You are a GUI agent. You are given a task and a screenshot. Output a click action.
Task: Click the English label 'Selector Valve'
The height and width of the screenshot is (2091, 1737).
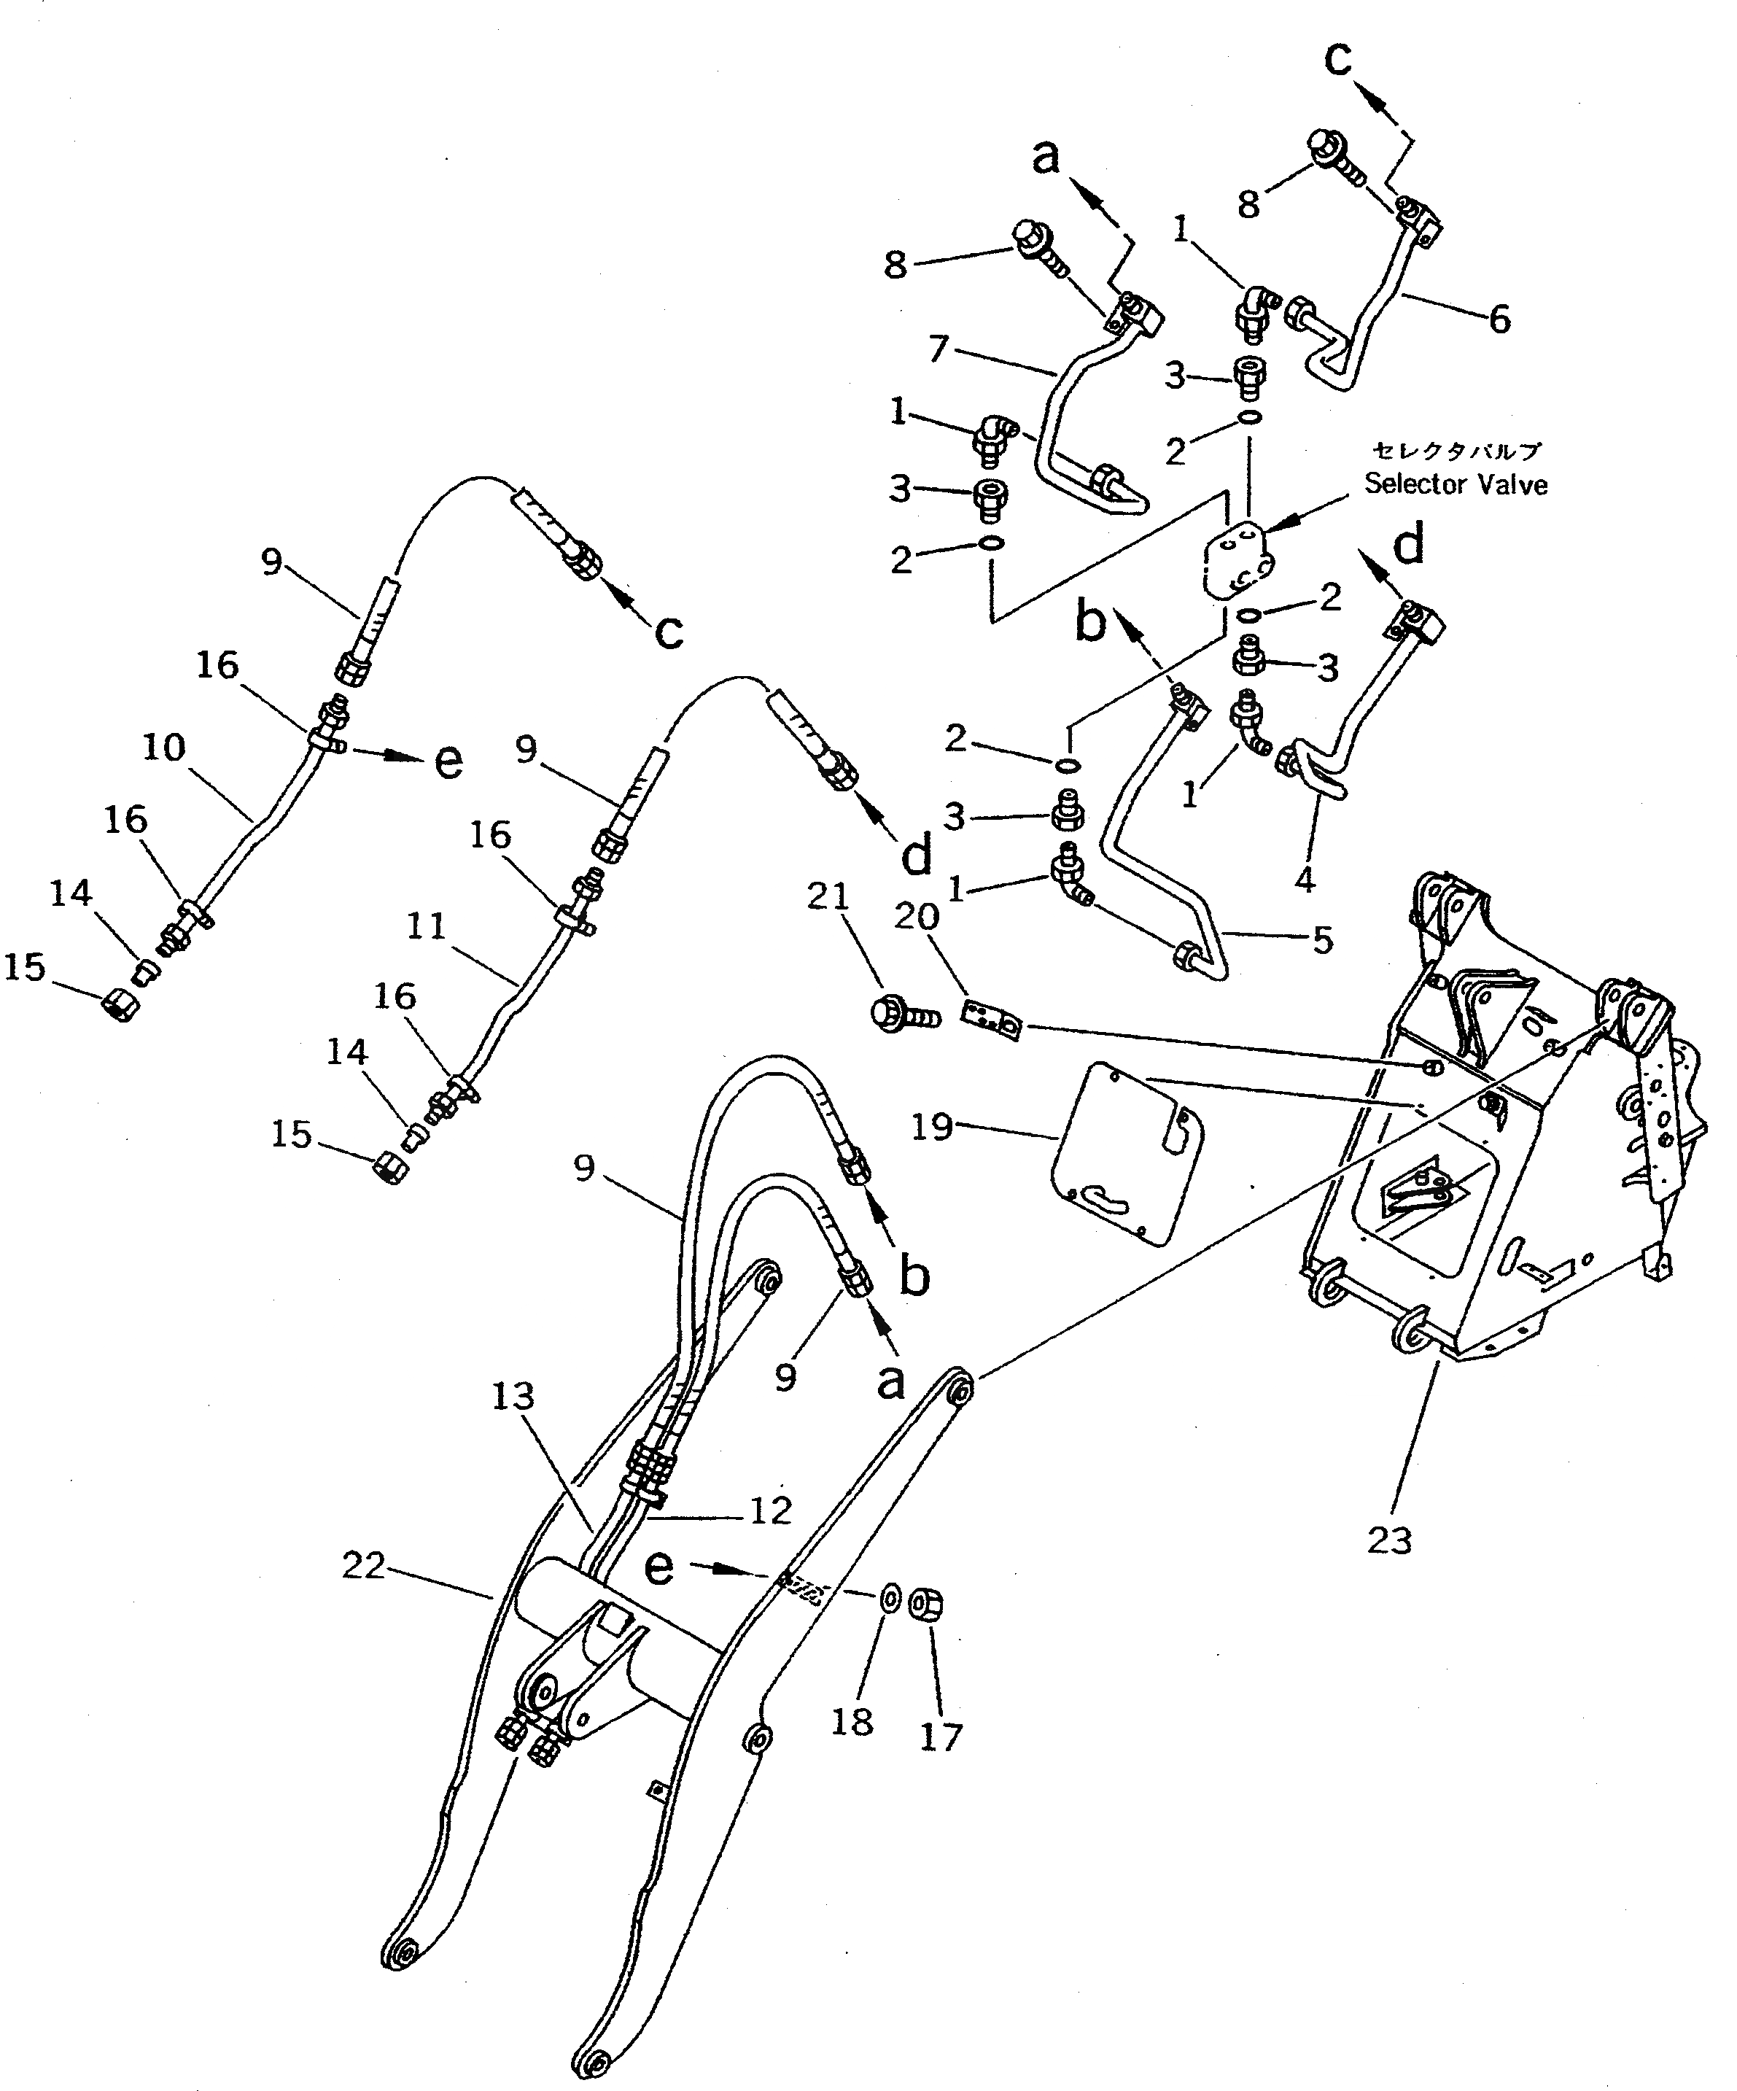(x=1456, y=484)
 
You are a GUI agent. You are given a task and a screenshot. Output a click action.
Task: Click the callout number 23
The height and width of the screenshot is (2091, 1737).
(x=1390, y=1540)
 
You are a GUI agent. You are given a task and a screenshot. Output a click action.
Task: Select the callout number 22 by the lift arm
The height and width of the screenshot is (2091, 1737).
(x=363, y=1567)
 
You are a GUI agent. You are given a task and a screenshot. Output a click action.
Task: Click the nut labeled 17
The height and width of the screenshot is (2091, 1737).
(x=933, y=1606)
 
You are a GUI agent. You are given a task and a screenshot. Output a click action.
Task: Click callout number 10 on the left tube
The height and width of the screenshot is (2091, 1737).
(x=163, y=747)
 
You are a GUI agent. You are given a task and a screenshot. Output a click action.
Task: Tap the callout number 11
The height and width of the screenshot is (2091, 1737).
(x=426, y=926)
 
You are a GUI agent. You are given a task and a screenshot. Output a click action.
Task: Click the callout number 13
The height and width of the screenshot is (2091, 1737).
(x=771, y=1510)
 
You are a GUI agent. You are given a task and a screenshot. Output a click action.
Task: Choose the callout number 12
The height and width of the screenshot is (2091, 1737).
(x=513, y=1396)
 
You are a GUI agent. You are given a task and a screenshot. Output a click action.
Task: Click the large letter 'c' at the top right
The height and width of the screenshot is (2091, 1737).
(x=1339, y=60)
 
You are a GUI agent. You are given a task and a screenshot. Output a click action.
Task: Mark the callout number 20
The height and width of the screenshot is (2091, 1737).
(x=916, y=916)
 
